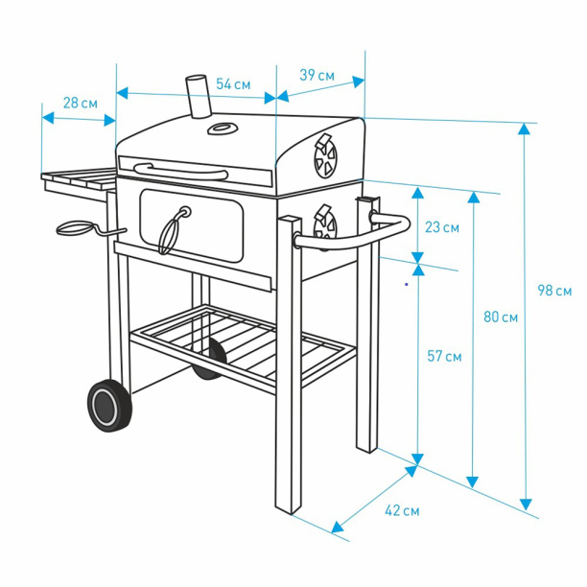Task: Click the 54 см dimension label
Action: click(x=233, y=84)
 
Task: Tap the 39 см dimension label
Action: click(x=317, y=75)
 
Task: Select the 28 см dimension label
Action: click(x=81, y=103)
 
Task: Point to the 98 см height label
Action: click(x=554, y=291)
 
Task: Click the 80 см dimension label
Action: click(x=501, y=317)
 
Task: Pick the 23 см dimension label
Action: click(x=442, y=227)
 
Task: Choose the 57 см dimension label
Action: click(x=444, y=357)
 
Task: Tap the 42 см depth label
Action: click(x=402, y=510)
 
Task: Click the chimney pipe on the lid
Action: click(x=199, y=97)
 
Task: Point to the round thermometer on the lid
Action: click(x=223, y=129)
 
